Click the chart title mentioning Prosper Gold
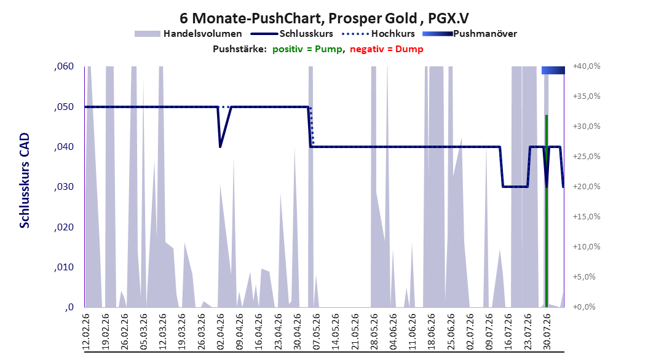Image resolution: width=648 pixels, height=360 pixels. (324, 18)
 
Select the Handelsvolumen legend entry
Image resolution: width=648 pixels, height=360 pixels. (189, 34)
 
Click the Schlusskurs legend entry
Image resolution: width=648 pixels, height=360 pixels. (292, 34)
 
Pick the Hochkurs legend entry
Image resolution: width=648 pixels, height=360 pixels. (379, 34)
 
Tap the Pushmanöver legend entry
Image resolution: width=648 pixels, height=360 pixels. (470, 34)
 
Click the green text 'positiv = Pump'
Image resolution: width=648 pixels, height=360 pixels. (307, 49)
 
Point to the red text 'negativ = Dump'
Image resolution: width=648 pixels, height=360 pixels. (387, 49)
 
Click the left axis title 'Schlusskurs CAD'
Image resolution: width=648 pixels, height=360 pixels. (25, 180)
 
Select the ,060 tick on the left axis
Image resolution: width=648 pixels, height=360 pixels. (64, 66)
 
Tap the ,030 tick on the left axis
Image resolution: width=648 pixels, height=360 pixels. (64, 187)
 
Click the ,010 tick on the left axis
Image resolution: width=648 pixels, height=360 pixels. (64, 267)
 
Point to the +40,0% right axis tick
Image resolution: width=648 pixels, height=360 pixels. (587, 66)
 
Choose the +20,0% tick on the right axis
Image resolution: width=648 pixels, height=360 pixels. (587, 187)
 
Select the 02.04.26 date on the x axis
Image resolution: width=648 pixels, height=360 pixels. (220, 332)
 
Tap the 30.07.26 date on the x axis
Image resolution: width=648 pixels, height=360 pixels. (547, 332)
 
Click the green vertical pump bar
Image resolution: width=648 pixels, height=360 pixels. (547, 211)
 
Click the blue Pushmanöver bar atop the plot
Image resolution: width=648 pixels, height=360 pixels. (553, 70)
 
